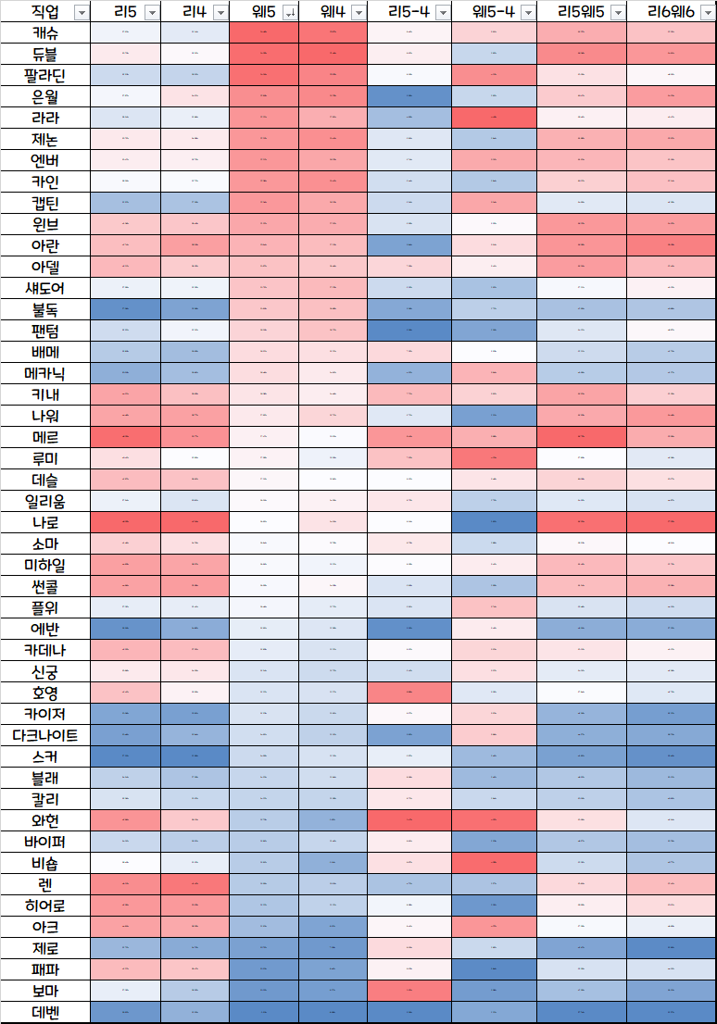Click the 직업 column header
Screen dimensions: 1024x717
pos(43,11)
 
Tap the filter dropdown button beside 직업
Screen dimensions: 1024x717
pos(81,12)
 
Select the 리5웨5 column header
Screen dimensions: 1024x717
pos(582,11)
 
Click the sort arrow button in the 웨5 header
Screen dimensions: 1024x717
pos(289,12)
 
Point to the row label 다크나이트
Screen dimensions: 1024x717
pos(44,735)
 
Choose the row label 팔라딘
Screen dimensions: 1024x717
pos(44,75)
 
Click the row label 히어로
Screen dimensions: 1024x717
pos(44,905)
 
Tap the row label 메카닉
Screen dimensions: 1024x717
pos(44,373)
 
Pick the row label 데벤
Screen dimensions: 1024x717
pos(44,1012)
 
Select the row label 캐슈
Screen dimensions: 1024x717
pos(44,32)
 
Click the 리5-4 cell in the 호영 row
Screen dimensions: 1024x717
pos(409,693)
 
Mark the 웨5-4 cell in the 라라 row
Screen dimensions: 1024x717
pos(494,118)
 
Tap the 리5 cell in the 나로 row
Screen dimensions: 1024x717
pos(125,522)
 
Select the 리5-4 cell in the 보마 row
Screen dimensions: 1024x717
pos(409,991)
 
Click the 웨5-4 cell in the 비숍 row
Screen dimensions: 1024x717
pos(494,863)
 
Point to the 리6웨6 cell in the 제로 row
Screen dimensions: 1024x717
pos(671,948)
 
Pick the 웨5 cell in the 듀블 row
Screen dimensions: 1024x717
pos(264,54)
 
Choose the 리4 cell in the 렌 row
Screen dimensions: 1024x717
pos(195,884)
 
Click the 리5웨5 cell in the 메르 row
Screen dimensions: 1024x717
pos(582,437)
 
